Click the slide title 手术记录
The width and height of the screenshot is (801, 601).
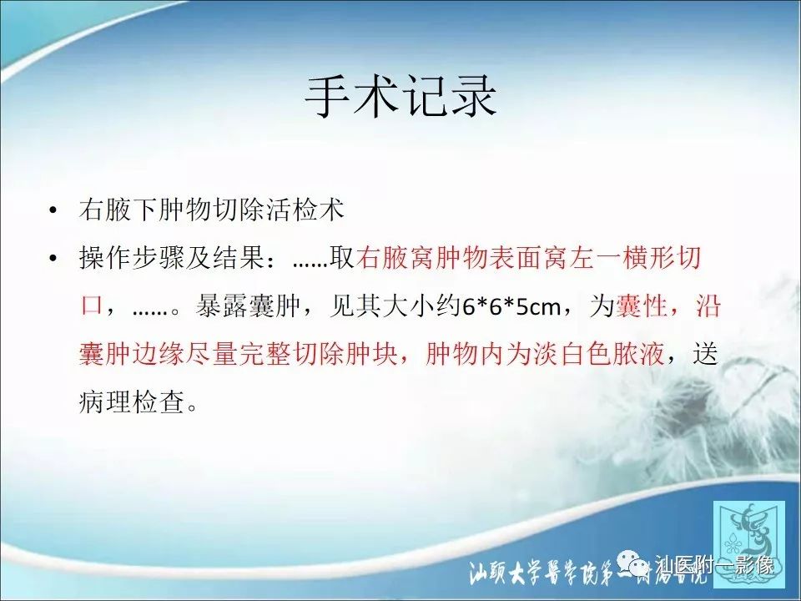(400, 98)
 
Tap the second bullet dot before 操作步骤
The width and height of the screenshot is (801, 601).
(54, 260)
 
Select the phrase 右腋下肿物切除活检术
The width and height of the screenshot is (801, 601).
(211, 210)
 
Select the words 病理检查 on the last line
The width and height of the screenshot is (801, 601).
(128, 403)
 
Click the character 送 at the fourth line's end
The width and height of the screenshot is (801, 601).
(705, 355)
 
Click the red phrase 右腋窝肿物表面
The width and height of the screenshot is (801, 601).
(442, 259)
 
